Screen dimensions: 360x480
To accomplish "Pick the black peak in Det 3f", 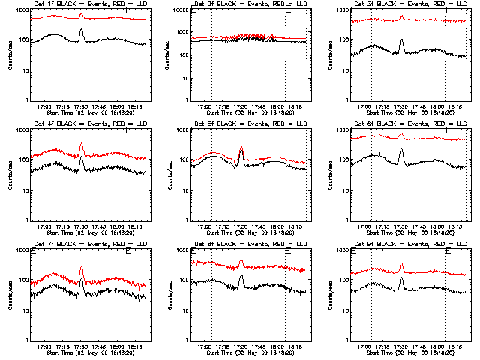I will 401,40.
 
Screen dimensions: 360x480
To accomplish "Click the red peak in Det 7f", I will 81,266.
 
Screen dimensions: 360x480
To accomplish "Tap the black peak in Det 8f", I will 241,276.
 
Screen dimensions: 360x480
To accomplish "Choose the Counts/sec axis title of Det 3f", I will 331,55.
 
